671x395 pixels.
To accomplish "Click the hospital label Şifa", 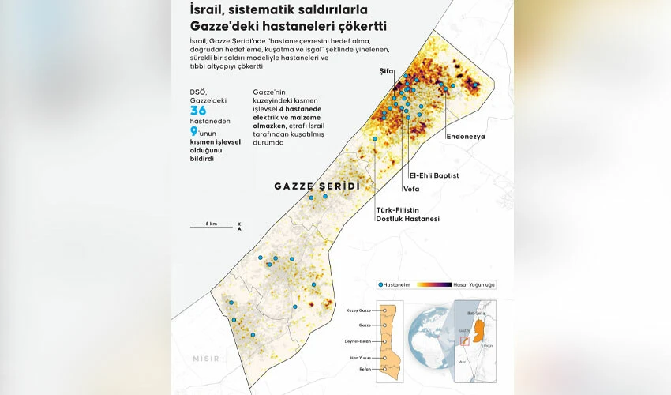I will tap(386, 71).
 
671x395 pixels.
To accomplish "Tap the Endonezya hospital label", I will tap(465, 137).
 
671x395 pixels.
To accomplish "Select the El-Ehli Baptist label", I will tap(433, 175).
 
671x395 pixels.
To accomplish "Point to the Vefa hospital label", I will tap(410, 189).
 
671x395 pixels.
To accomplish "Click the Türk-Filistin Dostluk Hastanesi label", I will tap(407, 214).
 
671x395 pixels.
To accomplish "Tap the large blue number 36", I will tap(197, 112).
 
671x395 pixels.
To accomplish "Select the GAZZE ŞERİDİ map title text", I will tap(316, 186).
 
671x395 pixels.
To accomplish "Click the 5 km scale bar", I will tap(211, 227).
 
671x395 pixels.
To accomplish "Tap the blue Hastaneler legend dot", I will tap(381, 284).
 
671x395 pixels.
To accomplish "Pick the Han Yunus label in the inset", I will tap(360, 356).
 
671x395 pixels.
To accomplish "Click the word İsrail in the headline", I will tap(208, 11).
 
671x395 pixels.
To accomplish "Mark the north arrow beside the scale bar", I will tap(239, 227).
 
